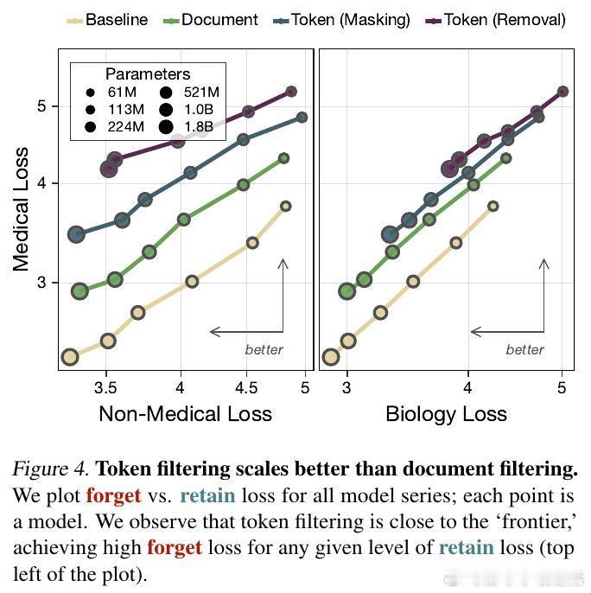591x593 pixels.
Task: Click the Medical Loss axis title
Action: coord(21,209)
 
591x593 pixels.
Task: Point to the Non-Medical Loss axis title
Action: coord(185,414)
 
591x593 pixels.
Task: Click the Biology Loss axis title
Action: coord(446,414)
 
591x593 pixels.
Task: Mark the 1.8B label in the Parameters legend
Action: coord(198,126)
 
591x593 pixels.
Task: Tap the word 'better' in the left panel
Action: coord(263,349)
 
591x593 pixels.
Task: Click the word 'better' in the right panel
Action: coord(524,349)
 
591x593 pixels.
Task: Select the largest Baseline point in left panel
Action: coord(70,357)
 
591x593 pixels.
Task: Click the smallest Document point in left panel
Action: coord(283,158)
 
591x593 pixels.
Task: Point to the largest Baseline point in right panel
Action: coord(330,357)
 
